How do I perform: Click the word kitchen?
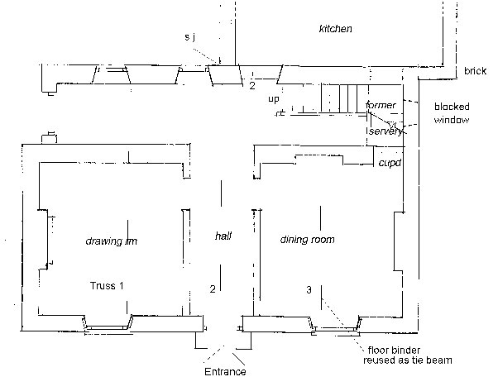[336, 29]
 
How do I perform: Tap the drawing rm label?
[110, 242]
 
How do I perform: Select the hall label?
[223, 236]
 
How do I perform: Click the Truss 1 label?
[107, 286]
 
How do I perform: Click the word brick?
[475, 72]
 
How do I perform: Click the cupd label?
[389, 163]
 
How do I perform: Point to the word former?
[381, 105]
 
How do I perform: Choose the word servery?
[385, 131]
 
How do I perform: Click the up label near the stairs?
[274, 98]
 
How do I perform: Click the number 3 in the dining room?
[308, 290]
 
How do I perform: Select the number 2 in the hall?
[213, 288]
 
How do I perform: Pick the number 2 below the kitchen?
[252, 84]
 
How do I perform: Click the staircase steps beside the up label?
[339, 100]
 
